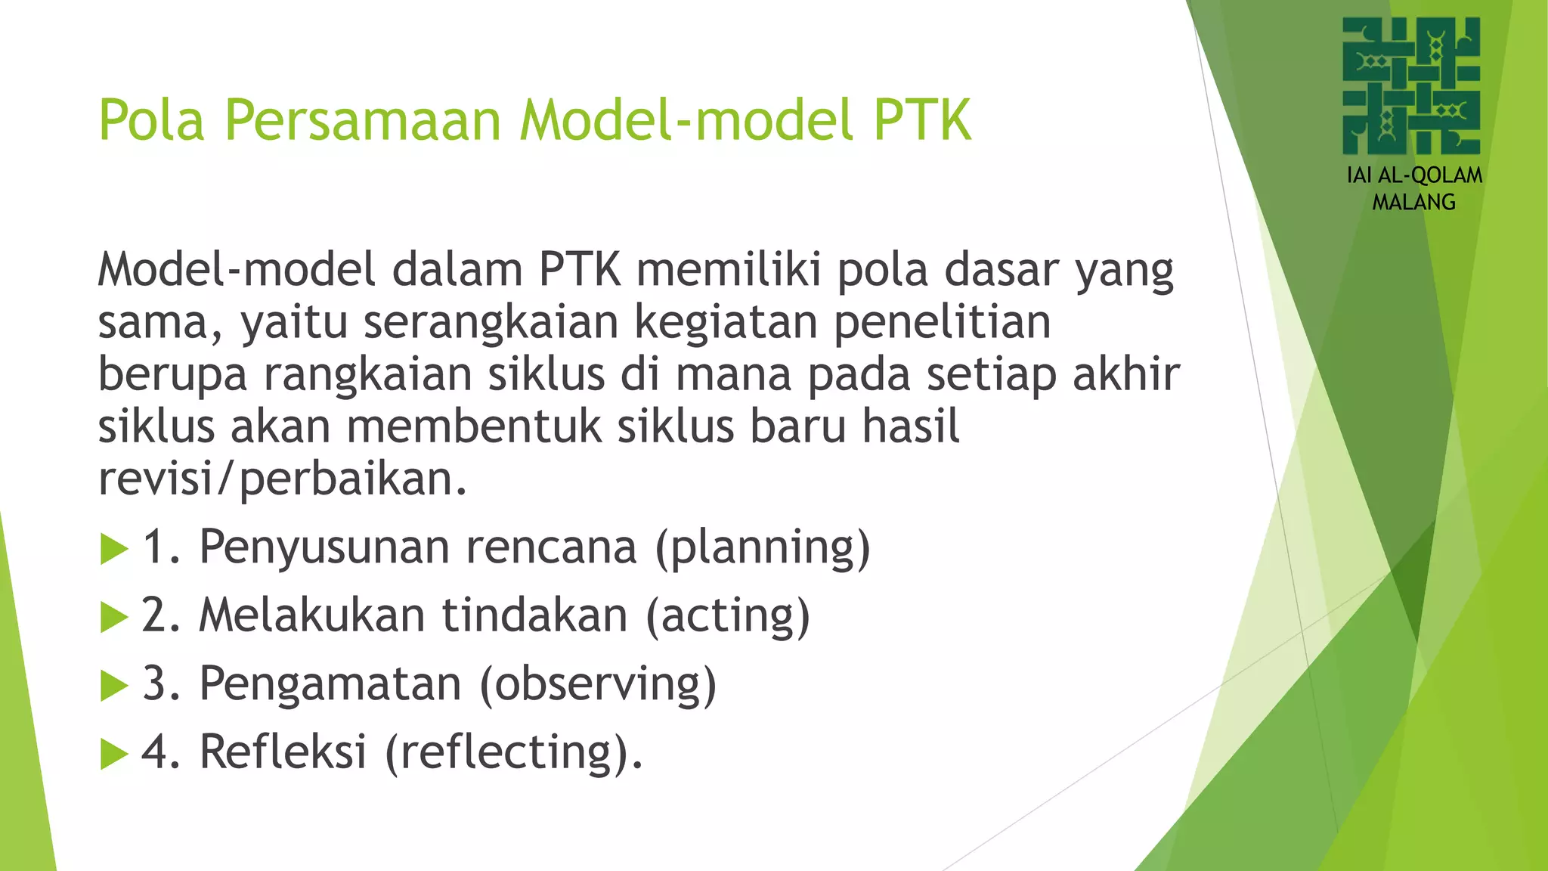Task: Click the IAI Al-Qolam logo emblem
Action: click(x=1411, y=85)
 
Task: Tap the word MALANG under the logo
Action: click(x=1413, y=203)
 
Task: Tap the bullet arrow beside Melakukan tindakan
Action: click(x=114, y=617)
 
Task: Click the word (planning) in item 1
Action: click(x=763, y=547)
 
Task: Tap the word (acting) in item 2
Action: click(x=728, y=615)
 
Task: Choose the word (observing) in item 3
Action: click(x=598, y=683)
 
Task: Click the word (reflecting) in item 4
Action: click(x=514, y=752)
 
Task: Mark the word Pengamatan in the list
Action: click(x=330, y=683)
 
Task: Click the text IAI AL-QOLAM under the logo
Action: click(x=1414, y=175)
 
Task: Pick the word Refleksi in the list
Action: click(x=283, y=752)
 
